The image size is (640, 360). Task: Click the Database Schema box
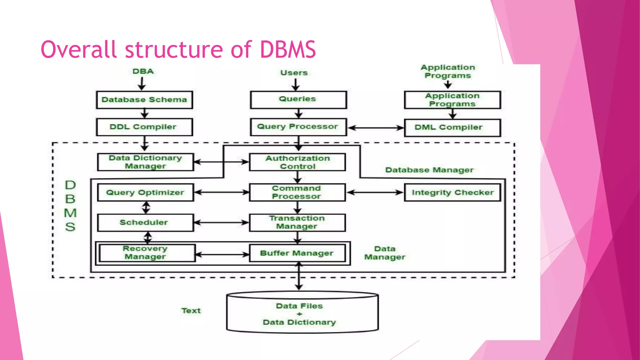coord(144,100)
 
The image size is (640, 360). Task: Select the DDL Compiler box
coord(144,127)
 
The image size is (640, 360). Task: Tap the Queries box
coord(298,100)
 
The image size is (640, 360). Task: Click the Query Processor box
coord(298,127)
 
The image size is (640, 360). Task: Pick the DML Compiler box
coord(452,127)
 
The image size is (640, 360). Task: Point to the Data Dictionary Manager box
coord(145,162)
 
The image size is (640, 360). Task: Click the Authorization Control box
coord(297,162)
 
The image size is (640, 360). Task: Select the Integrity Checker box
coord(452,192)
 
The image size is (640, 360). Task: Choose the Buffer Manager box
coord(297,253)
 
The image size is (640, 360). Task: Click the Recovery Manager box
coord(147,253)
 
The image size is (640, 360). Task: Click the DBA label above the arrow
coord(143,71)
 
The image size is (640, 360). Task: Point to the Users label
coord(294,73)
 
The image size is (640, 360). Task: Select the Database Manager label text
coord(429,170)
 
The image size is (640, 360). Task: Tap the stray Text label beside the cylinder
coord(191,311)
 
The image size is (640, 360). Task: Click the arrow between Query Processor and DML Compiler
coord(376,127)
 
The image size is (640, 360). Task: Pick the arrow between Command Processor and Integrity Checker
coord(375,192)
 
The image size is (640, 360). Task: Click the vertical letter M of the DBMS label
coord(70,213)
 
